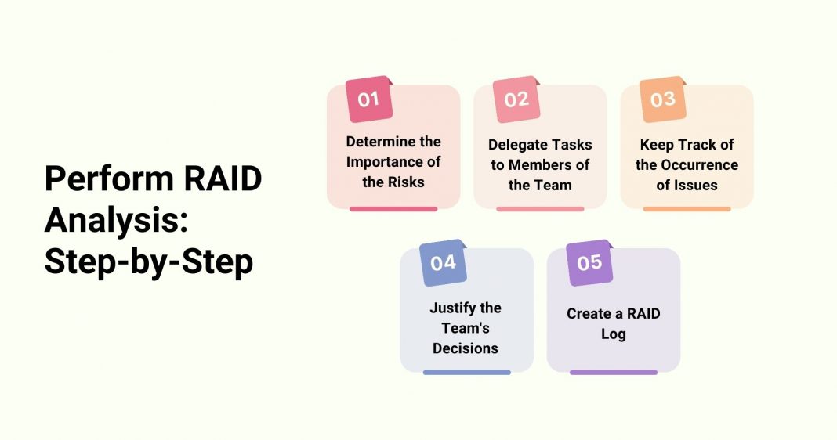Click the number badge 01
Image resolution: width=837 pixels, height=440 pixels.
coord(369,99)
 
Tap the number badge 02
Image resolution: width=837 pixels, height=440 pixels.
coord(516,99)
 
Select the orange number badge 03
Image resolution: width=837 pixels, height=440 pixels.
coord(663,99)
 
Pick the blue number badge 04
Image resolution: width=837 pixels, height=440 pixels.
coord(443,263)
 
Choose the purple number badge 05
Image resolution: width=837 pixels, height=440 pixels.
coord(589,263)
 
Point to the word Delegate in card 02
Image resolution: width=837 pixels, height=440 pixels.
coord(517,145)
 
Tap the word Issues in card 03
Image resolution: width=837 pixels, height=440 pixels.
coord(699,186)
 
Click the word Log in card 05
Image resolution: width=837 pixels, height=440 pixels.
coord(614,334)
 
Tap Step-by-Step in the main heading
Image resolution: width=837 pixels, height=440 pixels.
coord(149,262)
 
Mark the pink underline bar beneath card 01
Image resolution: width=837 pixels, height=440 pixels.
coord(393,209)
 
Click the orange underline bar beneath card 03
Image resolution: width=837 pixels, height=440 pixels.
coord(687,209)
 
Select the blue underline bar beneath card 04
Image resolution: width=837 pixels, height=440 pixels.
coord(466,373)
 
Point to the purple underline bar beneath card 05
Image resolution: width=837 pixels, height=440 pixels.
coord(613,373)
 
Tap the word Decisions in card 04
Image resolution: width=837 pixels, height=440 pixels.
coord(466,348)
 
